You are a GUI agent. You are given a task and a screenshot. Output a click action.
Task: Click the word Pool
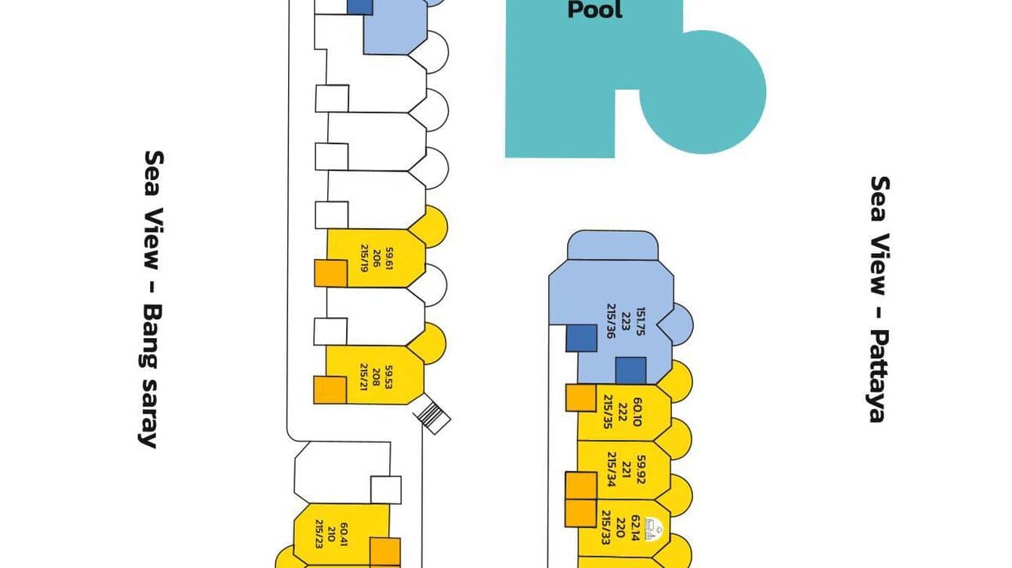tap(594, 10)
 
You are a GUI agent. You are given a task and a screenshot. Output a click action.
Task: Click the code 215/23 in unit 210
tap(320, 534)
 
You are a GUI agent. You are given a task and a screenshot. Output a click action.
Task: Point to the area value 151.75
tap(641, 322)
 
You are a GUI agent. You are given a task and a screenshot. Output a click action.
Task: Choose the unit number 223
tap(626, 322)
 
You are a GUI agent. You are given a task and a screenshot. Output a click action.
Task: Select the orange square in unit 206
tap(330, 273)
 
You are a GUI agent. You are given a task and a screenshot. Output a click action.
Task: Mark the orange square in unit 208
tap(330, 389)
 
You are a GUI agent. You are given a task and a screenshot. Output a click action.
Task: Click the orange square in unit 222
tap(581, 398)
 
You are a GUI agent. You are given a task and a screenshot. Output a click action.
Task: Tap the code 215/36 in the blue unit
tap(611, 322)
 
